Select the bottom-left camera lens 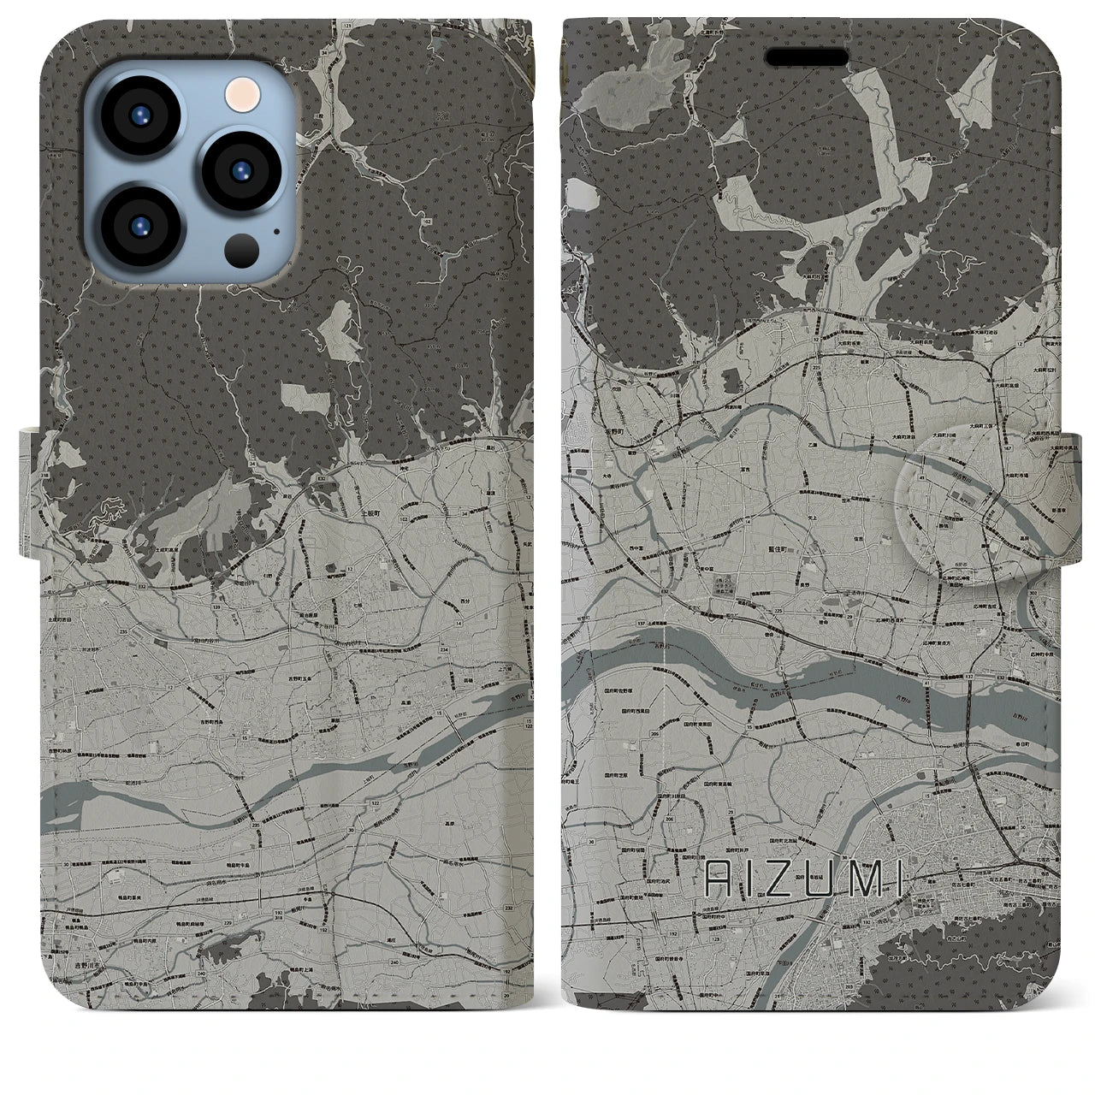142,225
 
